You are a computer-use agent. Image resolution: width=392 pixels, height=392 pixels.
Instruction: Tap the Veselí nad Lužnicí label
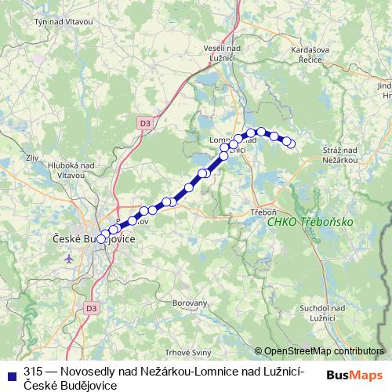point(225,53)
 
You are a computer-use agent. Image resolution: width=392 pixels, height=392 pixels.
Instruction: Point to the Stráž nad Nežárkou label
point(340,154)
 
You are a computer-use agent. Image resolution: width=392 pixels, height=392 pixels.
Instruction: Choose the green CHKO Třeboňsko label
point(310,222)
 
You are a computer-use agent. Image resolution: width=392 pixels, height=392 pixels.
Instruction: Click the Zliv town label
point(32,158)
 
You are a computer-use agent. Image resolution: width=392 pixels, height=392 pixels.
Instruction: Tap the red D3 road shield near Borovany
point(92,308)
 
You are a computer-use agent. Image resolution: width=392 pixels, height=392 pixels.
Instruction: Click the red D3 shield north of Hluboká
point(144,123)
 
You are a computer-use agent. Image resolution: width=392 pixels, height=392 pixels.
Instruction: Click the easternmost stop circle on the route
point(292,143)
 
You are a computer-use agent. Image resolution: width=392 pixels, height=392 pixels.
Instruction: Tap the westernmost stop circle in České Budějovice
point(100,239)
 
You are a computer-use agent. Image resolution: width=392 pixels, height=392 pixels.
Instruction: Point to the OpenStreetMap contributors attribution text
point(324,351)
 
